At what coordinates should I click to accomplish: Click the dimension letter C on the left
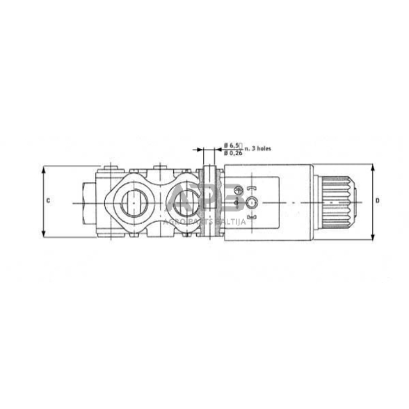pos(48,200)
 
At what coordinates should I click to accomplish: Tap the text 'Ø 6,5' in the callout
pos(232,144)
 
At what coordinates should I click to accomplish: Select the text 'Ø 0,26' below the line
pos(232,152)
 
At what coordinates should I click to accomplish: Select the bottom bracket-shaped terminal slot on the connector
pos(251,218)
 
